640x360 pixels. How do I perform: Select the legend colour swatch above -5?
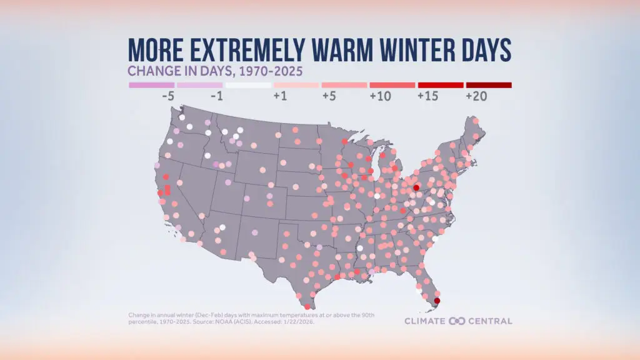click(151, 84)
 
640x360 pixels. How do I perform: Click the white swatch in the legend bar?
click(248, 84)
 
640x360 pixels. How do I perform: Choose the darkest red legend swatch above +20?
click(489, 84)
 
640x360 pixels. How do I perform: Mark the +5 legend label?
click(331, 97)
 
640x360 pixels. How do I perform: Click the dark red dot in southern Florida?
click(437, 301)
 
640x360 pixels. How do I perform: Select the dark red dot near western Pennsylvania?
click(416, 187)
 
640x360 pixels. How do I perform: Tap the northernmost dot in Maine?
click(476, 121)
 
